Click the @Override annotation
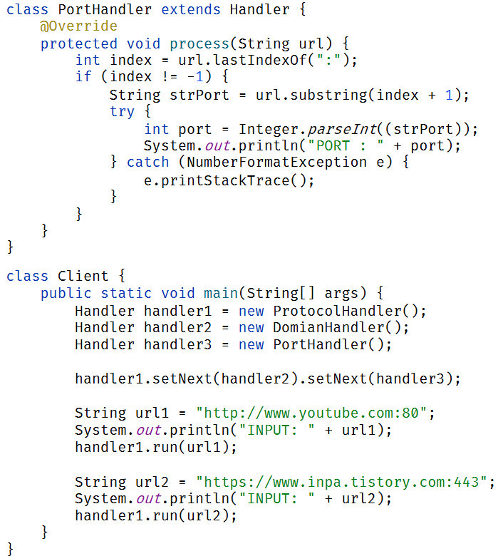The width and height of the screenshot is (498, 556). [x=78, y=26]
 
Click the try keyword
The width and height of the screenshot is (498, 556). [x=122, y=111]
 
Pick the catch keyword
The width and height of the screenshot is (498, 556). [x=147, y=163]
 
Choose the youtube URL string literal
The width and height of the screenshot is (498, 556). [x=316, y=413]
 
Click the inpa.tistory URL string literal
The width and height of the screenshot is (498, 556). [x=345, y=482]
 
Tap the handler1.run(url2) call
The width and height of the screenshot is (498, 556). [x=155, y=516]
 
